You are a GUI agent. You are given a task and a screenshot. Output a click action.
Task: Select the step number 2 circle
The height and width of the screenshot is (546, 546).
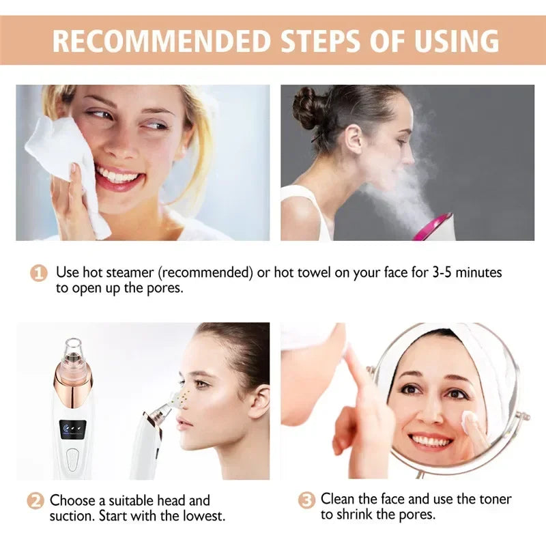coord(35,501)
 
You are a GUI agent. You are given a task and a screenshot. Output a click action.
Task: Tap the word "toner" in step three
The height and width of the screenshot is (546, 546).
coord(491,499)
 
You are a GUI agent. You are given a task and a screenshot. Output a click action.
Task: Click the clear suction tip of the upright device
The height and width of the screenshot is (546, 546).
coord(74,352)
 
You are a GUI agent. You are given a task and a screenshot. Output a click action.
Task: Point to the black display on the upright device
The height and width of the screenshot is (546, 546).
coord(73,429)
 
